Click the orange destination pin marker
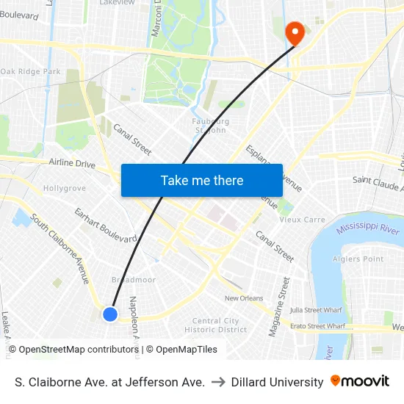coord(295,31)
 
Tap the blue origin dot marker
coord(110,314)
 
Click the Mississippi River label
coord(368,230)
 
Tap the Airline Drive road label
coord(72,163)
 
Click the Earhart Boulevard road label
coord(106,226)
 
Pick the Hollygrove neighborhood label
coord(65,189)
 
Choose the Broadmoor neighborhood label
coord(133,280)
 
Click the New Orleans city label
coord(243,298)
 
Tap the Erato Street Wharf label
coord(317,325)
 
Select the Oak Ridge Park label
coord(31,71)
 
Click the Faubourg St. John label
coord(211,126)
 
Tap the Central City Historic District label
coord(215,325)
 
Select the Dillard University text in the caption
coord(277,382)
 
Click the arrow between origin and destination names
coord(218,382)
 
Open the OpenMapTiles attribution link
coord(187,350)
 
